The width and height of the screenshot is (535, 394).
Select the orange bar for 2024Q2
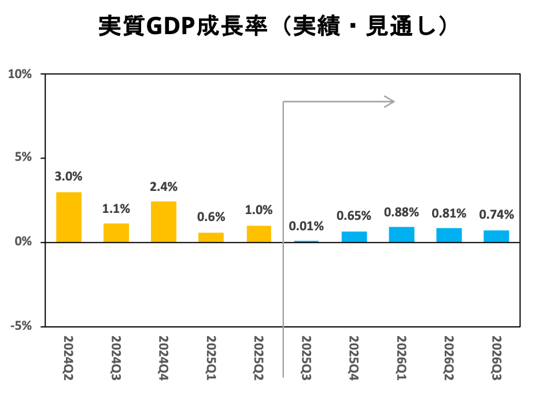(68, 217)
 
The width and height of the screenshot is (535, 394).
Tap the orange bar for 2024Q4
(164, 222)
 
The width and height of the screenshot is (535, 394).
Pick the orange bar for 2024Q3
(116, 233)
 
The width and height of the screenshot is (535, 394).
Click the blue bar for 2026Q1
(401, 234)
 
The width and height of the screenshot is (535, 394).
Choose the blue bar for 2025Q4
(354, 237)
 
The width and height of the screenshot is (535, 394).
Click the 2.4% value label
(164, 187)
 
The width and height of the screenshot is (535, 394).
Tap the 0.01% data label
(306, 226)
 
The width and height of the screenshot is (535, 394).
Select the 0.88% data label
(401, 212)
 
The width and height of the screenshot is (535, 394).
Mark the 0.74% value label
(496, 215)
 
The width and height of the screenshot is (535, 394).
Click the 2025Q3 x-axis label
(306, 356)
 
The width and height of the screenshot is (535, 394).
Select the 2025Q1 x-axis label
(211, 356)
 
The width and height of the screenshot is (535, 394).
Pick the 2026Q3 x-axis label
(496, 356)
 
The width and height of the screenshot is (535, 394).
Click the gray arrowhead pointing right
(390, 102)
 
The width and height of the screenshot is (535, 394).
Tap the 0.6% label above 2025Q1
(211, 217)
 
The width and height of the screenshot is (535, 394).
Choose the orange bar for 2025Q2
(259, 234)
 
